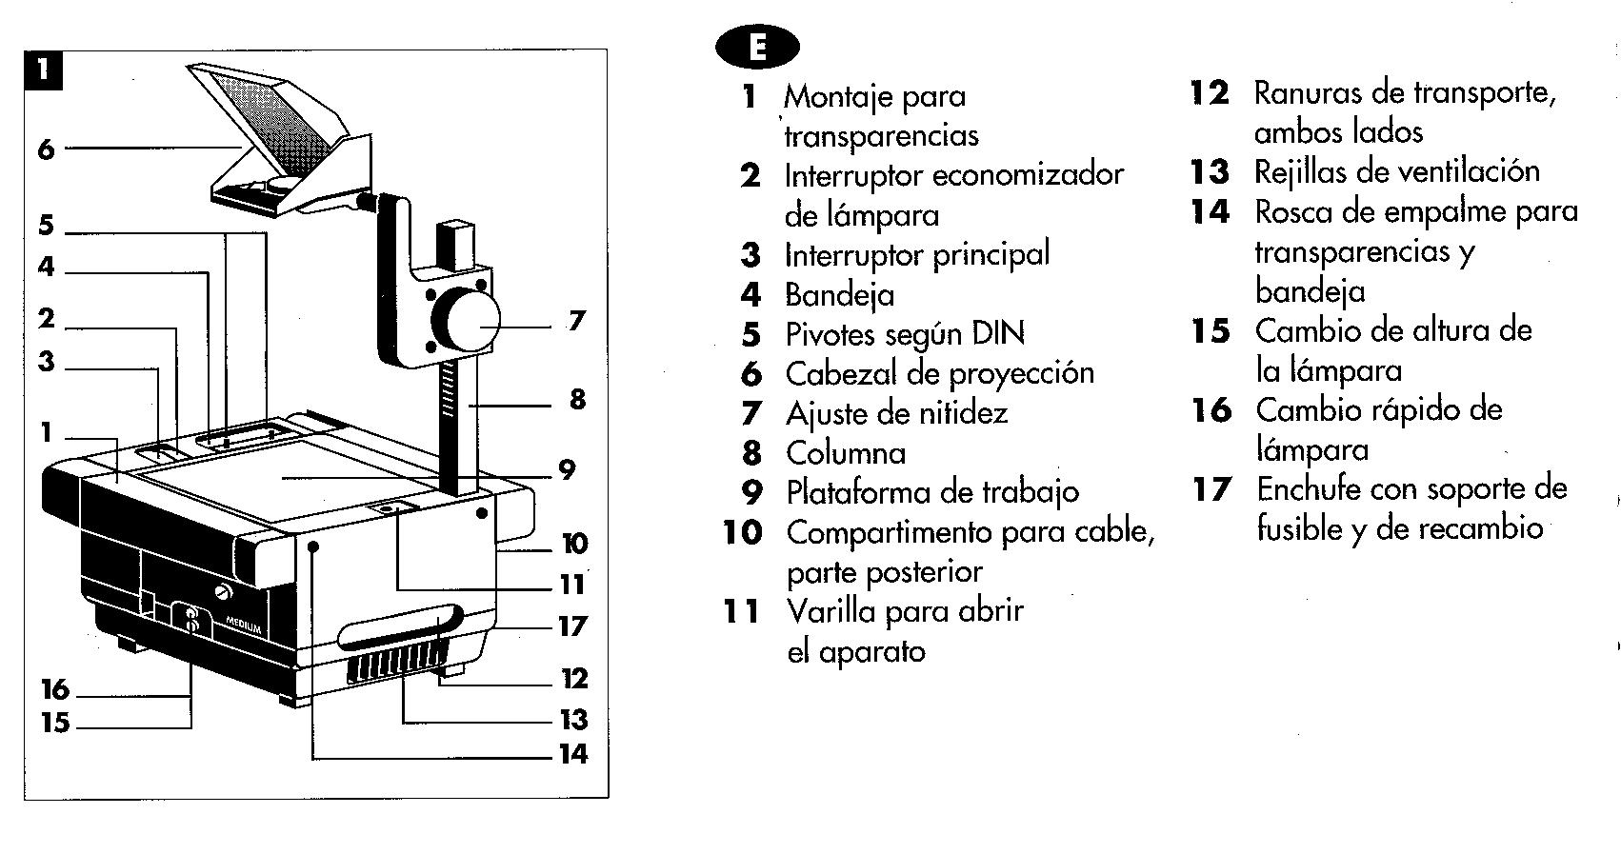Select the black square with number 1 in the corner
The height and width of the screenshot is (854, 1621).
click(x=43, y=70)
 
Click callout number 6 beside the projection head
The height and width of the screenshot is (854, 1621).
click(x=46, y=149)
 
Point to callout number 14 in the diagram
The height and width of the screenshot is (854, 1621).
click(x=572, y=754)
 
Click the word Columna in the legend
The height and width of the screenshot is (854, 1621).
click(x=845, y=452)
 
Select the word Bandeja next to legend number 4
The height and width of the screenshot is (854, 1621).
click(x=839, y=294)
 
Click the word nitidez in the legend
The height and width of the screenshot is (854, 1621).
click(x=963, y=413)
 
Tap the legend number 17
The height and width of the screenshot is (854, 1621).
click(x=1211, y=489)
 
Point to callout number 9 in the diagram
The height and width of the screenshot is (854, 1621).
click(x=568, y=469)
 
